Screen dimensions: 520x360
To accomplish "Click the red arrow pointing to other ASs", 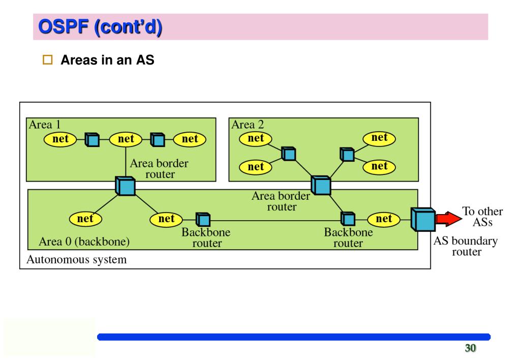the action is (448, 219).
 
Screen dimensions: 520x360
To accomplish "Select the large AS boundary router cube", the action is (423, 219).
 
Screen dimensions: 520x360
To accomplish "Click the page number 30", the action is (470, 348).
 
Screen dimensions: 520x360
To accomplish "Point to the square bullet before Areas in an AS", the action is (47, 59).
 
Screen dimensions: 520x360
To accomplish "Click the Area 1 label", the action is (45, 125).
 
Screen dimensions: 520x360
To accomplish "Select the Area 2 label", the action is (248, 125).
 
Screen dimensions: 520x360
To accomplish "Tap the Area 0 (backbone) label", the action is (84, 241).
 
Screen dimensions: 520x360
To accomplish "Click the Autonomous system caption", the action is (77, 259).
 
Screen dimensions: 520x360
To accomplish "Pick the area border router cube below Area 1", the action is (125, 186).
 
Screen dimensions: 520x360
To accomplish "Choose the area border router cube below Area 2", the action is (321, 185).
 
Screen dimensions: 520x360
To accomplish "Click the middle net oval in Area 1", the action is (126, 139).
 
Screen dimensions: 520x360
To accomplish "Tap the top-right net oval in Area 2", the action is (379, 138).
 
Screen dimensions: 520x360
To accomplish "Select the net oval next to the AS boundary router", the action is (384, 219).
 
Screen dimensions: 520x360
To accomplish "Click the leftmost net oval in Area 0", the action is (85, 219).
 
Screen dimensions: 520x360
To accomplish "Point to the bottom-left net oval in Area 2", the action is (255, 167).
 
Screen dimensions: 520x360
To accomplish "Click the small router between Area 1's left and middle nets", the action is (92, 140).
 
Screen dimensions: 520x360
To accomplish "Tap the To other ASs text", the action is (482, 216).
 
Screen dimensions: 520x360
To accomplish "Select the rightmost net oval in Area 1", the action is (190, 139).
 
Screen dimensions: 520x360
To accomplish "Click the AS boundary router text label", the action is (466, 246).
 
